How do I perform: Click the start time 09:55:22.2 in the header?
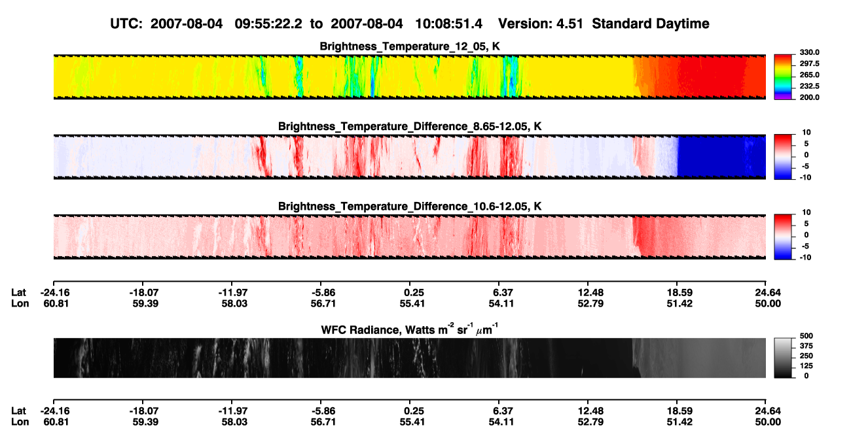pyautogui.click(x=268, y=24)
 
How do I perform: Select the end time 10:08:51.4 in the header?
pyautogui.click(x=448, y=24)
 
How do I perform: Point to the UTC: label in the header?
pyautogui.click(x=126, y=24)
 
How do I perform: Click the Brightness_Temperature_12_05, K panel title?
pyautogui.click(x=410, y=46)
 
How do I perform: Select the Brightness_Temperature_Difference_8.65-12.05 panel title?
pyautogui.click(x=410, y=126)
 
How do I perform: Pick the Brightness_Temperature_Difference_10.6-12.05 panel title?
pyautogui.click(x=410, y=207)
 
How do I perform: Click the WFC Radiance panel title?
pyautogui.click(x=410, y=329)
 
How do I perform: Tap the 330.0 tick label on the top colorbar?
pyautogui.click(x=809, y=52)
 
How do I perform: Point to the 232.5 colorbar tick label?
pyautogui.click(x=809, y=86)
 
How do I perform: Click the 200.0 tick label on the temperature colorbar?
pyautogui.click(x=809, y=97)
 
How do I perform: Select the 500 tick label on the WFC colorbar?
pyautogui.click(x=806, y=336)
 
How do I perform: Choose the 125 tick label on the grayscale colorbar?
pyautogui.click(x=806, y=366)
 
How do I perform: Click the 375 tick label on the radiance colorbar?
pyautogui.click(x=806, y=346)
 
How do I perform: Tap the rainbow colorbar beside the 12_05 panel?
pyautogui.click(x=783, y=77)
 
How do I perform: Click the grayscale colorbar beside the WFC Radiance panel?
pyautogui.click(x=783, y=358)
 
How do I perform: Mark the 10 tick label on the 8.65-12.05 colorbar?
pyautogui.click(x=806, y=133)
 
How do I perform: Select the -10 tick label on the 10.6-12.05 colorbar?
pyautogui.click(x=805, y=258)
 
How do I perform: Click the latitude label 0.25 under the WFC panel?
pyautogui.click(x=412, y=411)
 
